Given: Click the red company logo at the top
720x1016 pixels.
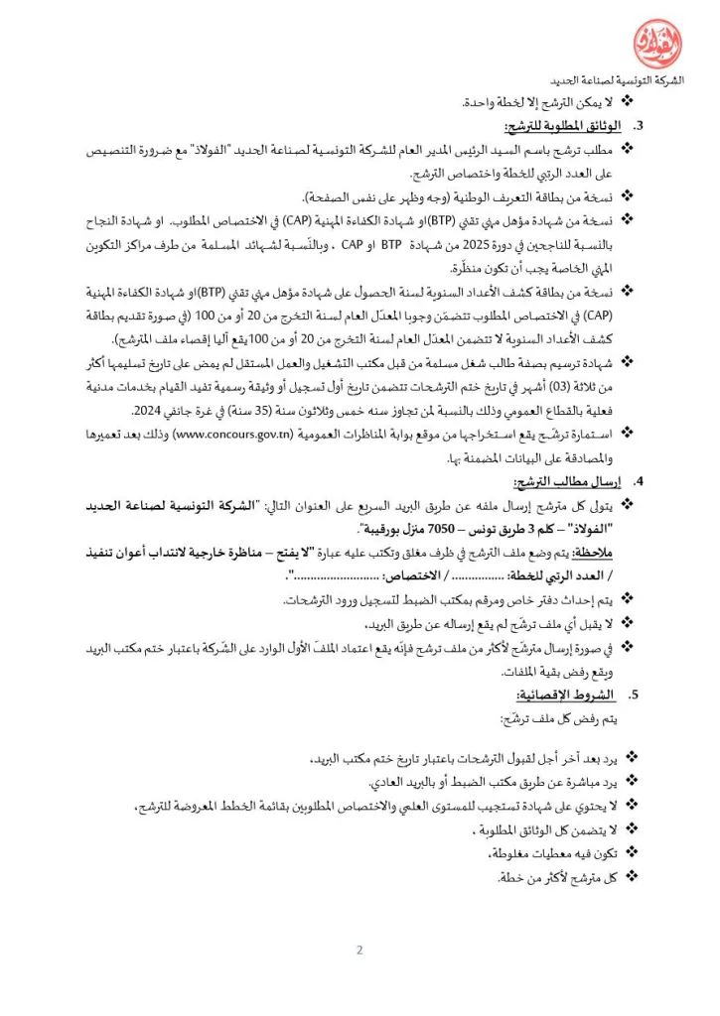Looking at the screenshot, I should (x=657, y=43).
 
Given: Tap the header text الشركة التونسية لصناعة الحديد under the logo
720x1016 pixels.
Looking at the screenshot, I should (x=616, y=81).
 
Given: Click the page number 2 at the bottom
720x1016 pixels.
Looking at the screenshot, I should (x=360, y=951).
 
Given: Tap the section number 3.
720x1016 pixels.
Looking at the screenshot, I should (x=639, y=126).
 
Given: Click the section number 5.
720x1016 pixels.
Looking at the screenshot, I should (x=639, y=695).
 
